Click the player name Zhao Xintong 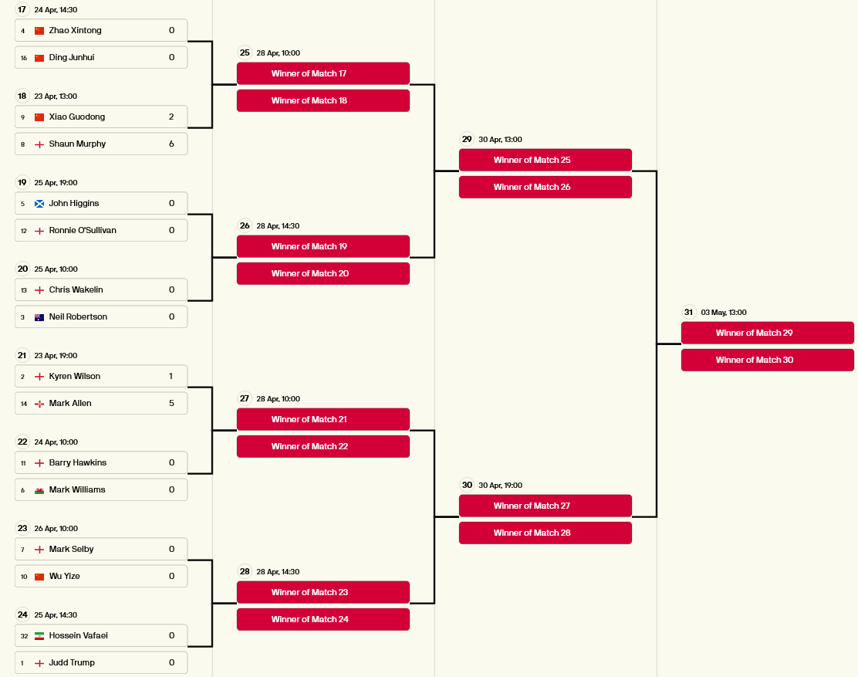pos(75,31)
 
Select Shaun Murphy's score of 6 pos(171,144)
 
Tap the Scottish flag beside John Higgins pos(39,204)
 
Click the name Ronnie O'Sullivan pos(83,230)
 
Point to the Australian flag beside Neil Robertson pos(39,317)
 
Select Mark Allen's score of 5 pos(171,404)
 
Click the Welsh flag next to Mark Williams pos(39,490)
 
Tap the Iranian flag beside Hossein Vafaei pos(39,636)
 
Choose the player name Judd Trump pos(72,663)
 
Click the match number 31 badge pos(688,312)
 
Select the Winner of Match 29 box pos(767,333)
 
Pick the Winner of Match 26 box pos(545,187)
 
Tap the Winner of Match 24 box pos(323,620)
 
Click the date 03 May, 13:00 pos(724,313)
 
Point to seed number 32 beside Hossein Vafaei pos(24,636)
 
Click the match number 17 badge pos(22,9)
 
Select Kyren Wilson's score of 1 pos(171,377)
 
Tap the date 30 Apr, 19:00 pos(500,486)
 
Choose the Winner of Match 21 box pos(323,419)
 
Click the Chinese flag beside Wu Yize pos(39,577)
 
